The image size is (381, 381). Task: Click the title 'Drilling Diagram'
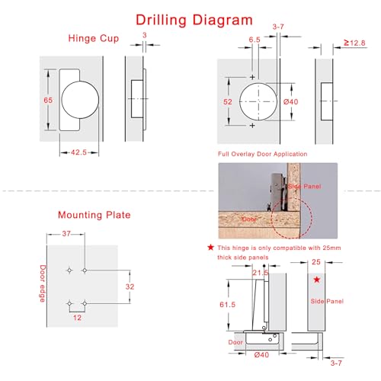[190, 18]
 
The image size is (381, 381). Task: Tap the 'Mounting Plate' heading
[94, 215]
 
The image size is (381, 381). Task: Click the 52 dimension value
[228, 101]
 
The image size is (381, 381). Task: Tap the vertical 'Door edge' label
[43, 283]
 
